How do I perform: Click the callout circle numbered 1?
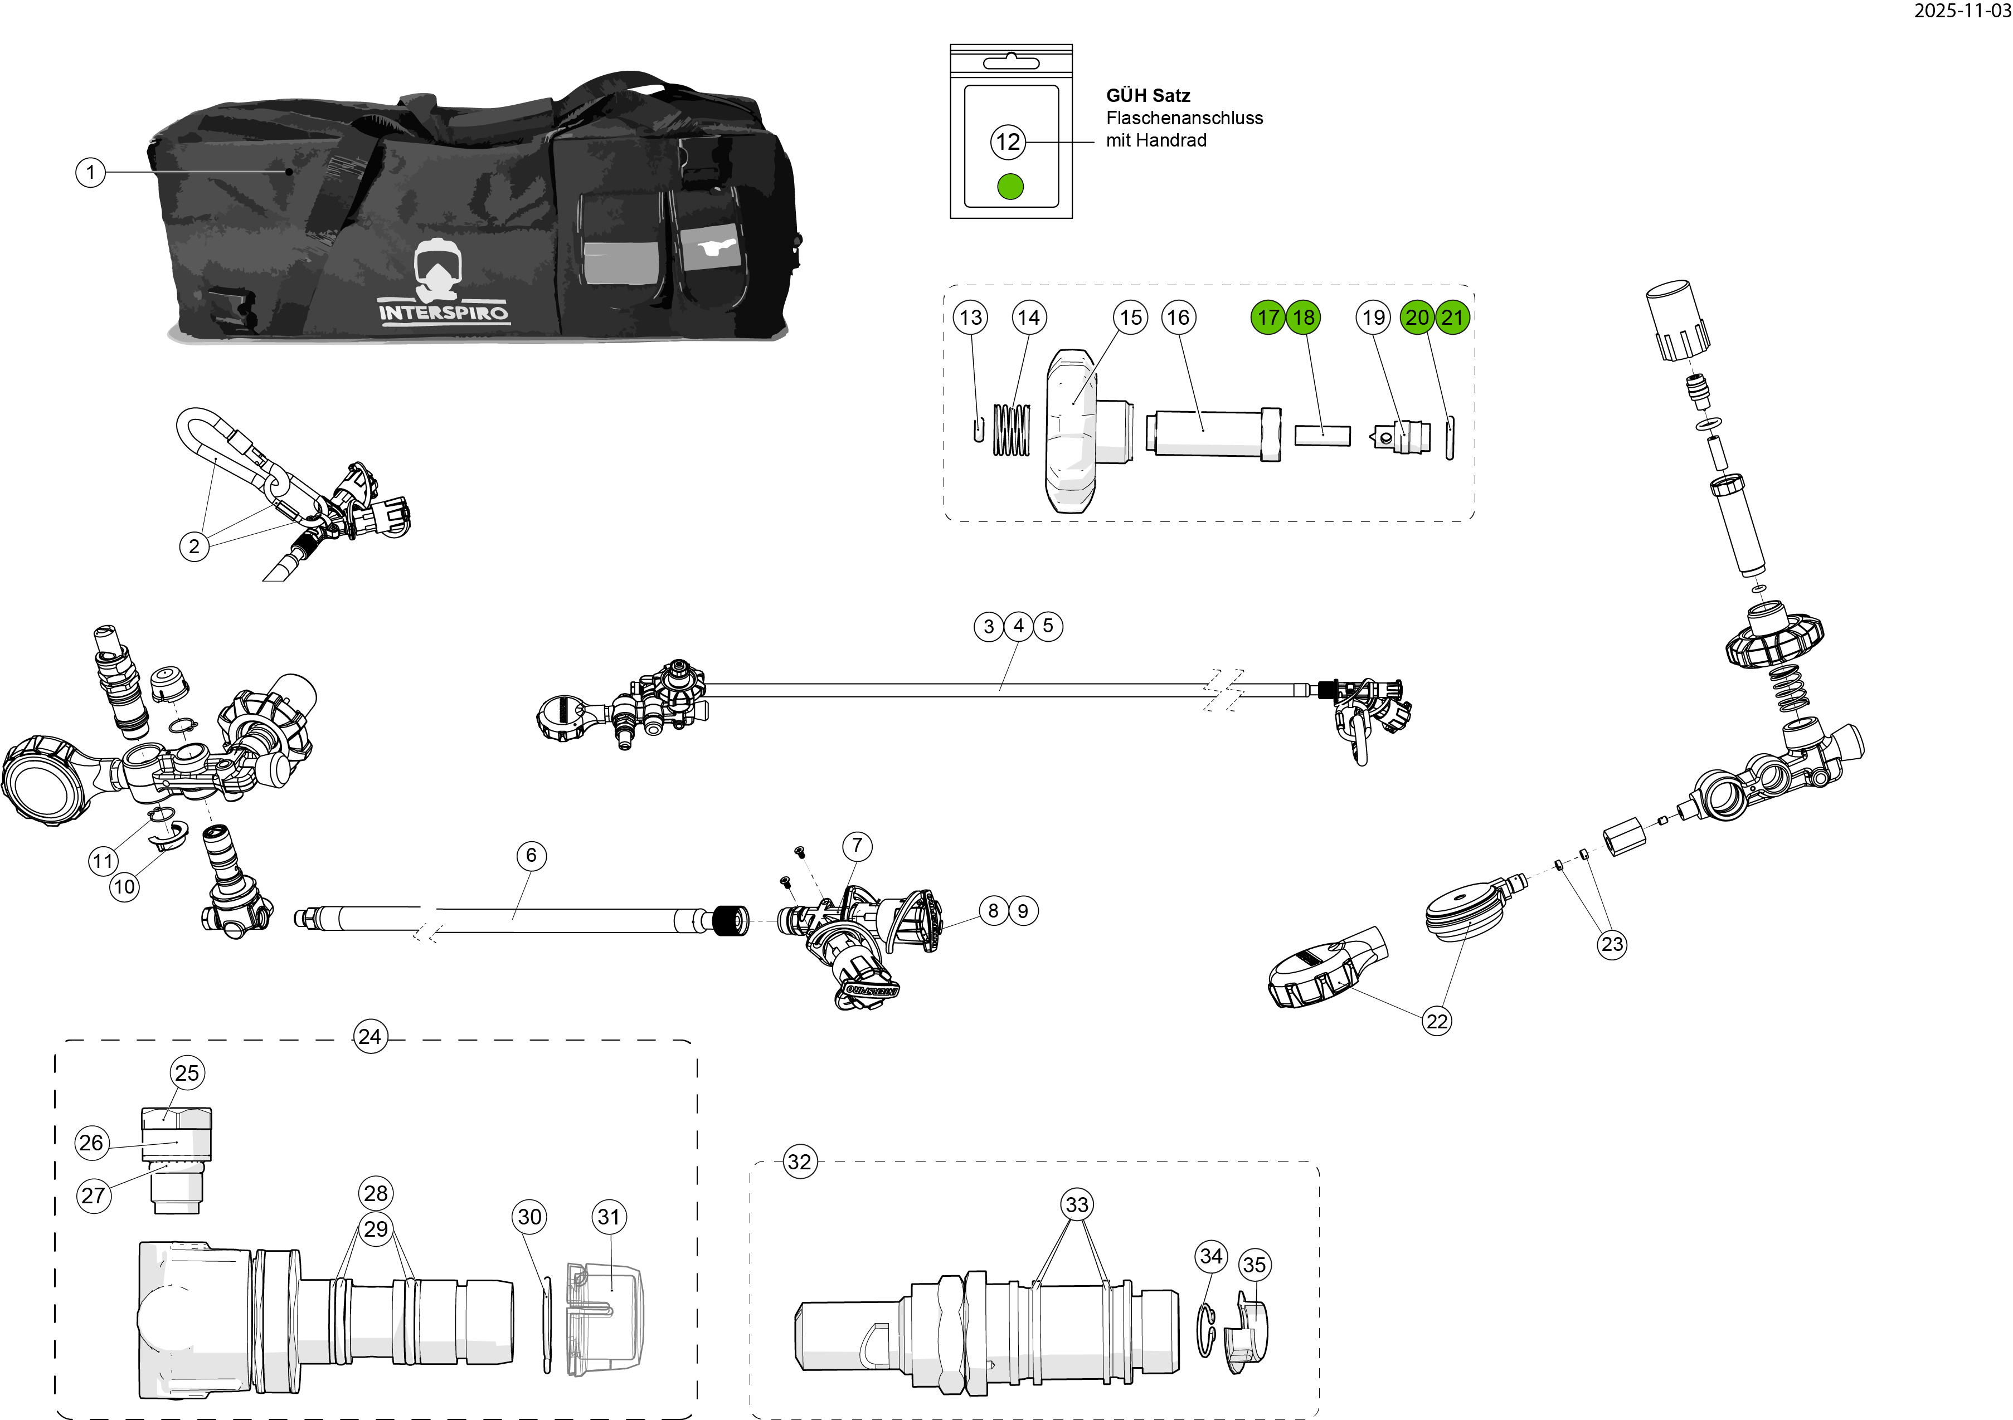pos(90,172)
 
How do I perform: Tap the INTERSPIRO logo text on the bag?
pos(444,312)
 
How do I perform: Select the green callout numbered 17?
pos(1268,318)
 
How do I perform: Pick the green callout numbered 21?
pos(1453,318)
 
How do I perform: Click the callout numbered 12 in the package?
pos(1008,142)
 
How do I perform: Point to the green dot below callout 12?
pos(1011,187)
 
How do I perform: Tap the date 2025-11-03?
pos(1962,11)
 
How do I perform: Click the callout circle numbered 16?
pos(1178,318)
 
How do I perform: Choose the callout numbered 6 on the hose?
pos(531,856)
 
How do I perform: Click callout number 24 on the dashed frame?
pos(370,1037)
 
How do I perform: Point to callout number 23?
pos(1612,944)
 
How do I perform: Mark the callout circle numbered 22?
pos(1437,1021)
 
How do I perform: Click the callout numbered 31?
pos(609,1217)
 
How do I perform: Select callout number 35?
pos(1255,1265)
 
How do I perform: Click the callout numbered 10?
pos(124,887)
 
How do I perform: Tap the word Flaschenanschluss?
pos(1184,118)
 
